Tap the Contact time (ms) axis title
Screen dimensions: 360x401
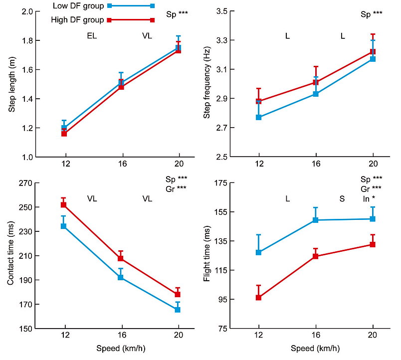11,256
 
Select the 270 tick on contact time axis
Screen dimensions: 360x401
25,183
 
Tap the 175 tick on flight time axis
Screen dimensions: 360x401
221,183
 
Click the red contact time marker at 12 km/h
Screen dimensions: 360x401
63,205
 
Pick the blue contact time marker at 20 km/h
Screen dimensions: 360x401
178,310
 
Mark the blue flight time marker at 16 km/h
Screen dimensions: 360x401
315,220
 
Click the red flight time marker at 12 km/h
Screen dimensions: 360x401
258,298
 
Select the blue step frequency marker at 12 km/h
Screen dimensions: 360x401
259,117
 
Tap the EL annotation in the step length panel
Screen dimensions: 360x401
92,36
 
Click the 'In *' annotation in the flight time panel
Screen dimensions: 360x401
369,198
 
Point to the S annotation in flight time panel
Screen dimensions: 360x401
342,198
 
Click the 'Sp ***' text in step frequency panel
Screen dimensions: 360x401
372,14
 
